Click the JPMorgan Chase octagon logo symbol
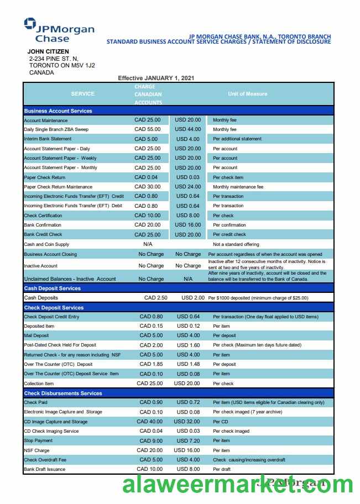[30, 23]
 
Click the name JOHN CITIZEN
[49, 51]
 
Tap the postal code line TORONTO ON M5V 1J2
[62, 65]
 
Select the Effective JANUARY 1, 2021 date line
[156, 78]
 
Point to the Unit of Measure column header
[247, 94]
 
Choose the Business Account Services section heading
[58, 111]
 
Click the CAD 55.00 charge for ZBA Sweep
[148, 129]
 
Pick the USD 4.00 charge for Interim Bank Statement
[188, 139]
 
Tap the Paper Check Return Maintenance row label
[58, 187]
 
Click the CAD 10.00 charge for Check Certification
[148, 216]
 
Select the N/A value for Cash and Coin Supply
[148, 244]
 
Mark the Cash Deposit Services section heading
[52, 288]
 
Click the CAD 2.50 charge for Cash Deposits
[155, 298]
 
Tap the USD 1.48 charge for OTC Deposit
[188, 364]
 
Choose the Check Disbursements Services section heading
[63, 393]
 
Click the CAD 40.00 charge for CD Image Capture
[150, 422]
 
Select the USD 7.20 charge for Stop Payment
[188, 440]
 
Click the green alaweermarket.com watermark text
[238, 485]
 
